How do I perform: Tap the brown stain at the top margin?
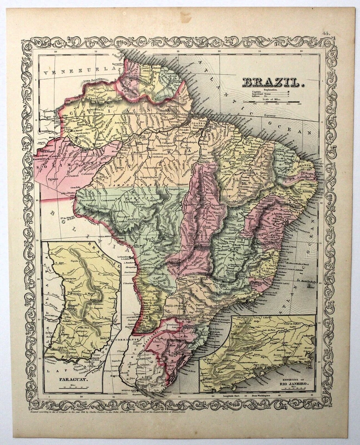point(186,17)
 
